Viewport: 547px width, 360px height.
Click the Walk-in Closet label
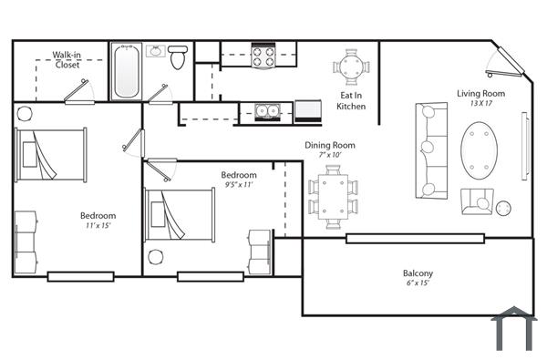[67, 59]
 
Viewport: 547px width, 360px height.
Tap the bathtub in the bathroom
[126, 71]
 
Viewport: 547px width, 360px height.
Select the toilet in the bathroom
[178, 57]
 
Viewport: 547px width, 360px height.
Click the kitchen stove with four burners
[263, 57]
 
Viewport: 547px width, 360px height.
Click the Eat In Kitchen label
[351, 100]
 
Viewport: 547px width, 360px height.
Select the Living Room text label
[480, 93]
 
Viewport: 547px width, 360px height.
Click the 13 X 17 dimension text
[480, 104]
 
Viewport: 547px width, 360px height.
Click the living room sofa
[430, 150]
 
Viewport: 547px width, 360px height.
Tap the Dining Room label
[330, 145]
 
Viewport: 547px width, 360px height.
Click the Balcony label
[418, 273]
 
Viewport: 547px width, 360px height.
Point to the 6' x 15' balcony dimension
[418, 283]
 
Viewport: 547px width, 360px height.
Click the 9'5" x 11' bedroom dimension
[238, 185]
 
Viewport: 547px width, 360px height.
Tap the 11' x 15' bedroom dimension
[98, 226]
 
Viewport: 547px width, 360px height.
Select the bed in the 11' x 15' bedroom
[50, 156]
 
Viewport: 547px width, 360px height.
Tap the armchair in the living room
[477, 201]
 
